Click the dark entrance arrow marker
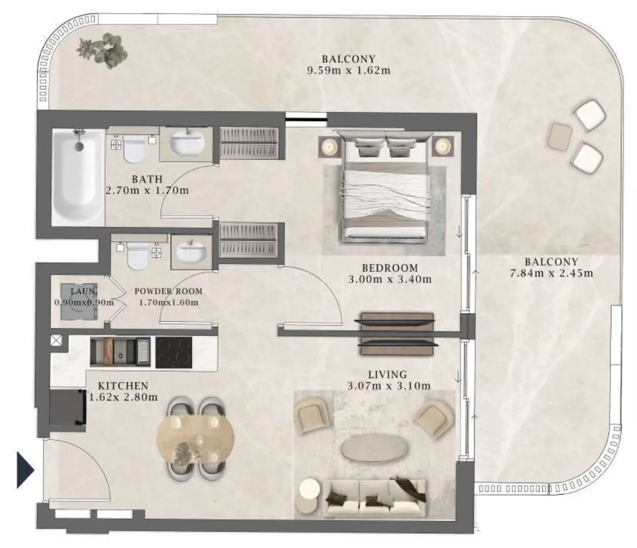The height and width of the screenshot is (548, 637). (x=25, y=470)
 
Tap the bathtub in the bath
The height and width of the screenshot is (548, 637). (x=78, y=177)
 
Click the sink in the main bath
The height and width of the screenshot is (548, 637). (x=187, y=144)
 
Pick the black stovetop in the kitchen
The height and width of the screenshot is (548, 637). (x=174, y=352)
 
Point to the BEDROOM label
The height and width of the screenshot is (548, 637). (x=390, y=268)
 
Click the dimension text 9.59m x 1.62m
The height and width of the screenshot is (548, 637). (x=349, y=70)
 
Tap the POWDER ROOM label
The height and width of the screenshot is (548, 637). (x=168, y=291)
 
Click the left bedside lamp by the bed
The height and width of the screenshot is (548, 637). (x=330, y=146)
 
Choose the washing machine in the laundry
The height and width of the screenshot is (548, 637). (x=79, y=302)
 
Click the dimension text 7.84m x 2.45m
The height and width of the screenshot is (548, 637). (x=551, y=273)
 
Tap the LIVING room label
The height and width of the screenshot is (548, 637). (x=388, y=374)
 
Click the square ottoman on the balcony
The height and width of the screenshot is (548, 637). (x=560, y=136)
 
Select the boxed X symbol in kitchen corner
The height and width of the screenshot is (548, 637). (x=56, y=340)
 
